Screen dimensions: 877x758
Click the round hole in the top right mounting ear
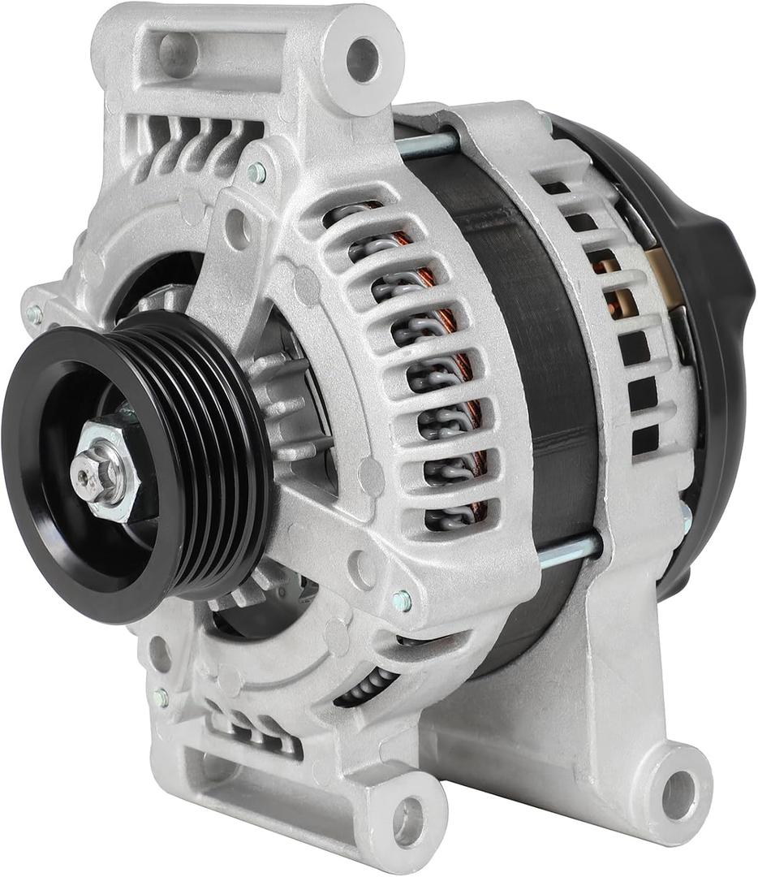(x=362, y=59)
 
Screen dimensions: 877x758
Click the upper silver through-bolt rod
(x=428, y=146)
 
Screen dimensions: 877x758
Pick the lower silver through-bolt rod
(x=568, y=552)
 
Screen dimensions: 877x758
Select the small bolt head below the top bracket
(x=257, y=172)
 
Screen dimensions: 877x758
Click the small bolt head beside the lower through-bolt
(x=401, y=601)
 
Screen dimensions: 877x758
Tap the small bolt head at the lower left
(x=161, y=697)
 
